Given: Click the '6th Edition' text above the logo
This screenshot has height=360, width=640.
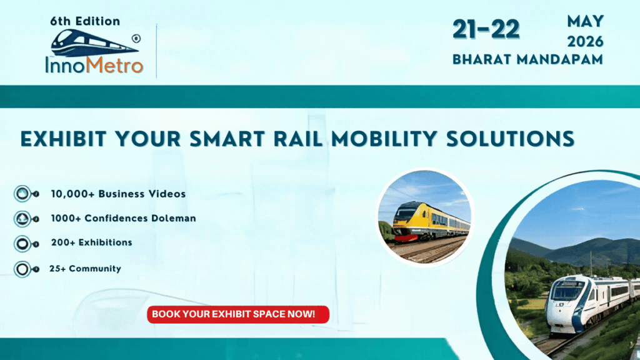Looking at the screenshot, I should click(x=85, y=21).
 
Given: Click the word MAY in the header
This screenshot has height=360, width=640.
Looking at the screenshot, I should click(x=585, y=22).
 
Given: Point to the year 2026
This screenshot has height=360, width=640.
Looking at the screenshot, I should click(x=585, y=42).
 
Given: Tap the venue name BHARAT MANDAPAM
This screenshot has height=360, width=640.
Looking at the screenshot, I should click(x=527, y=60).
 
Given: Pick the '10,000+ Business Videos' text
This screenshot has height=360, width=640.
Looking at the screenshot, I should click(x=118, y=194).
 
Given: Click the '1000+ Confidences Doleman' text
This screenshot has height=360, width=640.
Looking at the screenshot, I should click(x=123, y=218).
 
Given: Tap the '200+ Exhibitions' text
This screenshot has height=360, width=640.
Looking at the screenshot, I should click(x=91, y=242).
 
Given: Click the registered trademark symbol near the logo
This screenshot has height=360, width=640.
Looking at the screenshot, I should click(x=136, y=38).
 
